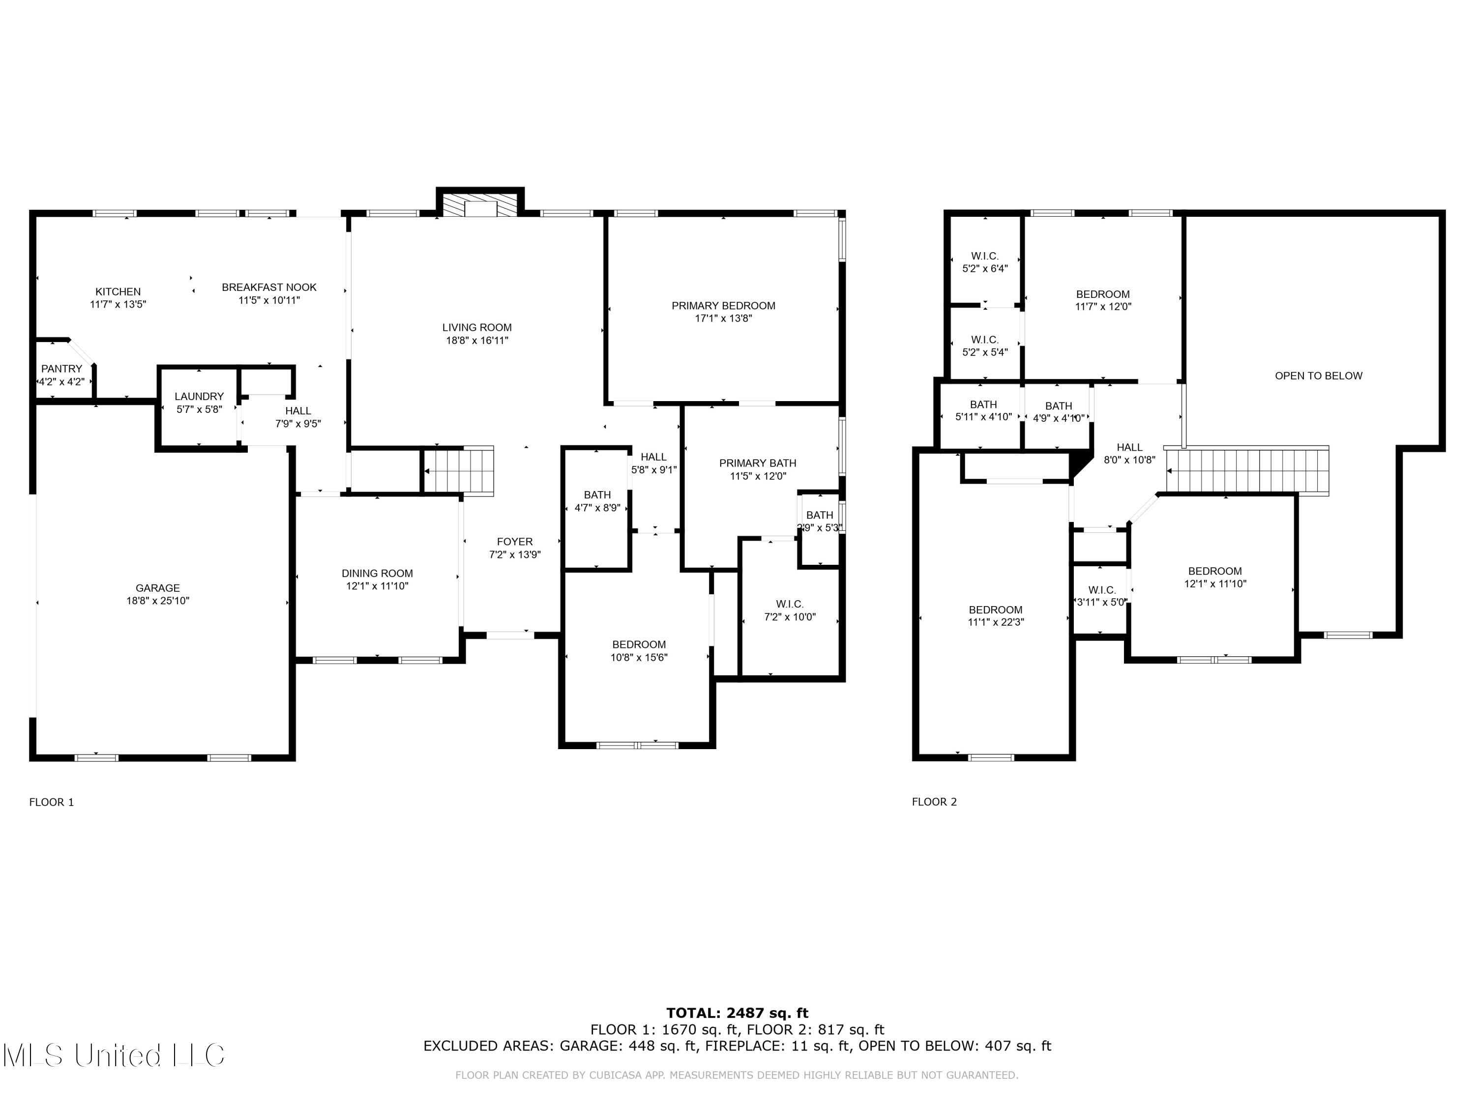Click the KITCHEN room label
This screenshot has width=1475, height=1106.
[x=118, y=291]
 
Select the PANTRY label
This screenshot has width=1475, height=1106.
[x=62, y=369]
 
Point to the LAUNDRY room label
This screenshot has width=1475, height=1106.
[x=200, y=397]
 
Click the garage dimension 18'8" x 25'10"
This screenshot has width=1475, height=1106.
[x=158, y=601]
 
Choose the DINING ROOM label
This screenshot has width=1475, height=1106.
[x=378, y=573]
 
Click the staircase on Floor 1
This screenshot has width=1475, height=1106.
[x=459, y=471]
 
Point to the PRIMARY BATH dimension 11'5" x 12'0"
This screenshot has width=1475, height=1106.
[x=758, y=476]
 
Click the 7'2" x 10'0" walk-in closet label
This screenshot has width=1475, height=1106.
[x=790, y=617]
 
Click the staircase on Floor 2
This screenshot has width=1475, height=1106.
[x=1247, y=471]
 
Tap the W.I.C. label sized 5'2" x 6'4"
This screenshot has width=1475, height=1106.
[x=985, y=262]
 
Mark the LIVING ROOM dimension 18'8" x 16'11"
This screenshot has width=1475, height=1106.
[x=477, y=341]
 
